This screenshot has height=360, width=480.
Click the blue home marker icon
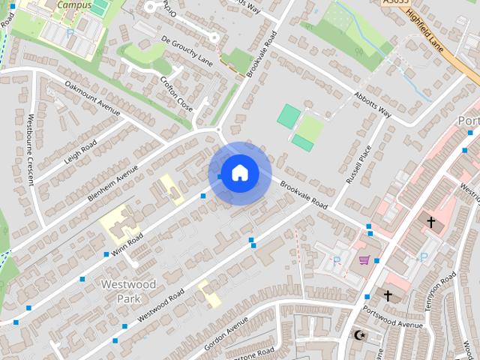coord(239,173)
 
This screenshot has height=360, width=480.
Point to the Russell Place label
coord(358,166)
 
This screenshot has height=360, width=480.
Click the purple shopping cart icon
coord(364,260)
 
